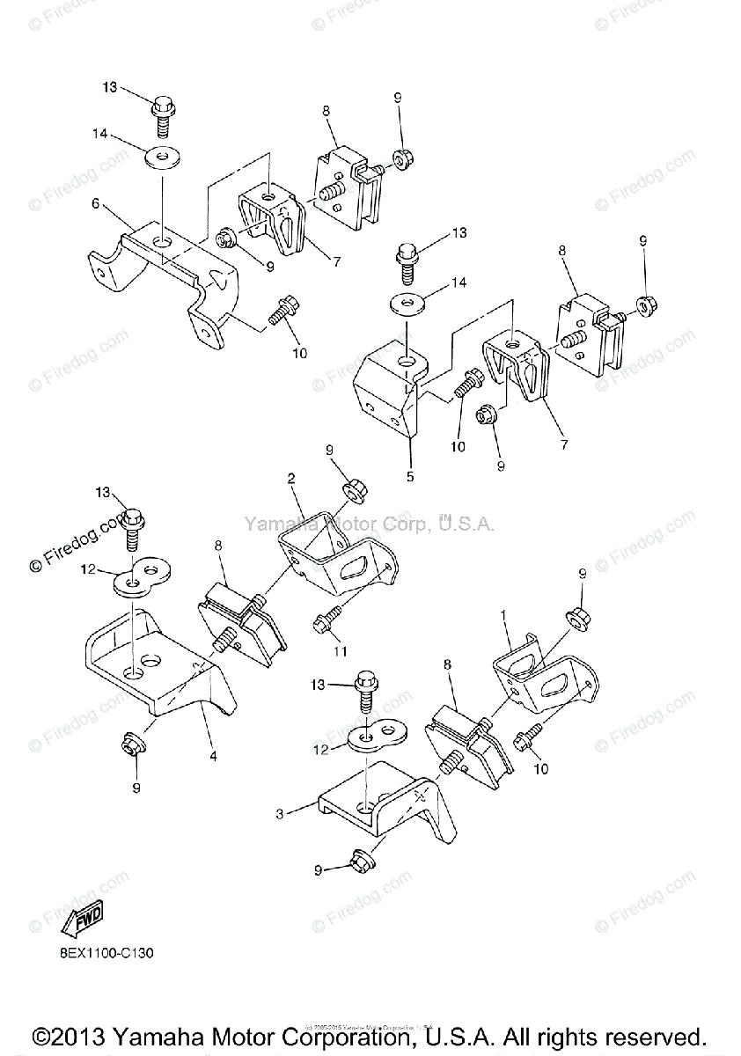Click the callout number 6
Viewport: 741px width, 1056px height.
[94, 202]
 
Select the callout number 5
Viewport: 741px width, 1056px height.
[409, 476]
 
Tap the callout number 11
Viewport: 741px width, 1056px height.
[341, 651]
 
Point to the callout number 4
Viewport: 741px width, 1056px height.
[212, 755]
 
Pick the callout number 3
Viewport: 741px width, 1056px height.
[280, 814]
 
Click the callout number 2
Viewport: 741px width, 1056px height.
[290, 478]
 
